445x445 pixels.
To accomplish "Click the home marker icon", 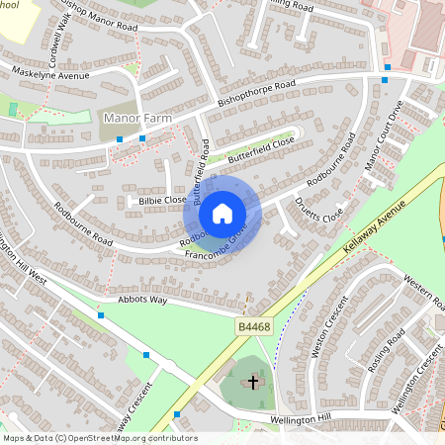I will [222, 213].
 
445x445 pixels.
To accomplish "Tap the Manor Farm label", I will [137, 119].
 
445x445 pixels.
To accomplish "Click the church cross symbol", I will [253, 381].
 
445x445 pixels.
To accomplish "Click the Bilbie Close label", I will [162, 201].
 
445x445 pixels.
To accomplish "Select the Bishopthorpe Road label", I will [257, 94].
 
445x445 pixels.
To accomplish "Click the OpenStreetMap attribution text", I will [99, 437].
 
